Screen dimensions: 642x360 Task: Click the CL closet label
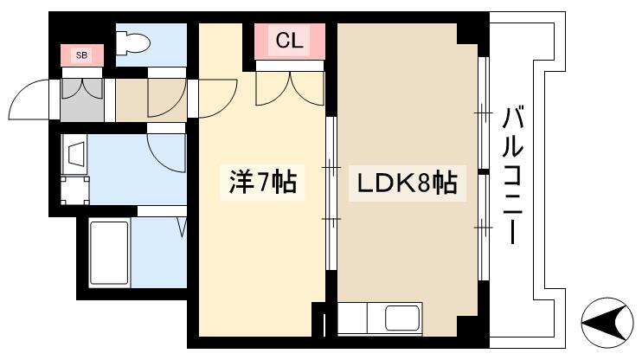[x=290, y=40]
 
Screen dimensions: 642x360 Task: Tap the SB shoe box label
[x=82, y=55]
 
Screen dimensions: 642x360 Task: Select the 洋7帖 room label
[x=263, y=182]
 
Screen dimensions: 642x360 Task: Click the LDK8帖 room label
[x=407, y=183]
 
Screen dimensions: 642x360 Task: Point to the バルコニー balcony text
[x=512, y=176]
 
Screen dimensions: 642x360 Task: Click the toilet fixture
[x=133, y=43]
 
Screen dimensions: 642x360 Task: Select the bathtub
[x=109, y=253]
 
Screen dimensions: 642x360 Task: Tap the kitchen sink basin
[x=403, y=318]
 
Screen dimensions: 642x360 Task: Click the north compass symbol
[x=607, y=322]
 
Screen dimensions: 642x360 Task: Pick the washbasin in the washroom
[x=75, y=154]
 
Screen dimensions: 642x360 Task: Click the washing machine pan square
[x=75, y=190]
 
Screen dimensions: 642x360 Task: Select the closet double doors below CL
[x=290, y=88]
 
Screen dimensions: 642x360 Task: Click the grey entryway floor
[x=82, y=100]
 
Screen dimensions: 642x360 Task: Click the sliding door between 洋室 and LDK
[x=331, y=193]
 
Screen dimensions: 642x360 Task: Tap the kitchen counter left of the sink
[x=352, y=318]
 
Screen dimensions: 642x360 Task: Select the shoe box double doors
[x=82, y=88]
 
